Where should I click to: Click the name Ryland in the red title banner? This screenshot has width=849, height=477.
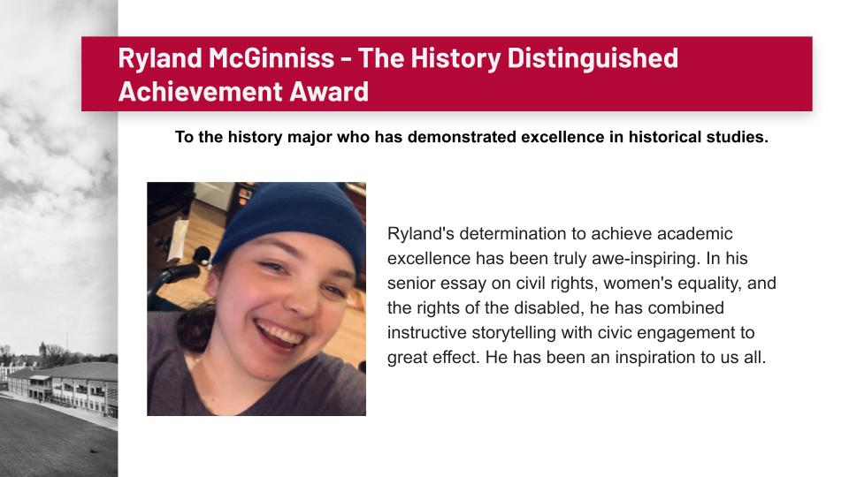160,59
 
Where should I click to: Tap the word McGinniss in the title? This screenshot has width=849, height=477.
272,58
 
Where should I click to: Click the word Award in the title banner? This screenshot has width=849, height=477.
329,91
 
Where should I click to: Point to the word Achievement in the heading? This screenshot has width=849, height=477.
201,91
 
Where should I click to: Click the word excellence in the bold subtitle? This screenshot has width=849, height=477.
562,137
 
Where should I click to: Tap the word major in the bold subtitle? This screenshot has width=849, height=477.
310,138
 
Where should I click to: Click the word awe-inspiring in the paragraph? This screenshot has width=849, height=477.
646,259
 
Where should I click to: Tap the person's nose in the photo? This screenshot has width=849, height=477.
300,302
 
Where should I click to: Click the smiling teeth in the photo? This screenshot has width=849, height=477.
280,333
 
